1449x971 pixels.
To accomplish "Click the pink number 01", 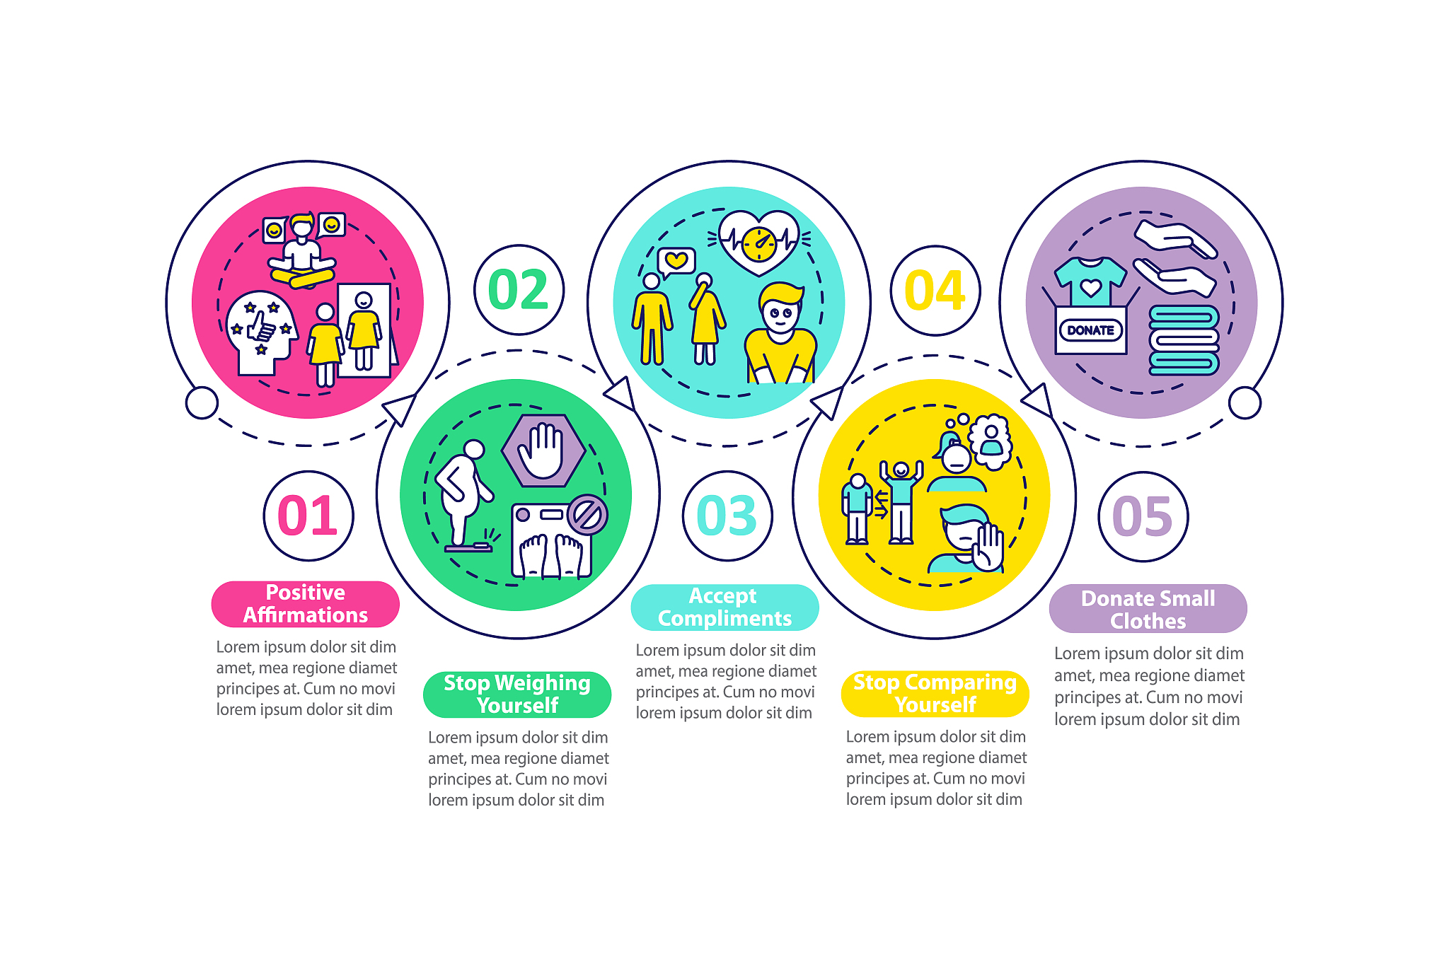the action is click(308, 516).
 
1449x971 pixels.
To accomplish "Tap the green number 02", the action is click(519, 290).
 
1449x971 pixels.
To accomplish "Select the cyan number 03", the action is click(727, 516).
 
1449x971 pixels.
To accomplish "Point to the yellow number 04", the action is click(935, 291).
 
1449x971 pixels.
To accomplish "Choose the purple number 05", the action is click(1143, 516).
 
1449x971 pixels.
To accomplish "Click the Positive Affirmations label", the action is click(306, 604).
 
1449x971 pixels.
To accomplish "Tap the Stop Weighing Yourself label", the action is click(517, 694).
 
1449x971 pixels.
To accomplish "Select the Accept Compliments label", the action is click(724, 607).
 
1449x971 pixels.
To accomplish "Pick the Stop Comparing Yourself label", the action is click(935, 694).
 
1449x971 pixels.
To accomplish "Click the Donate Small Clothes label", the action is click(1148, 609).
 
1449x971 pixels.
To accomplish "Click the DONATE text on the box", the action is click(1090, 330).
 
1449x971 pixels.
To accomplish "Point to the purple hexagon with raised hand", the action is click(543, 450).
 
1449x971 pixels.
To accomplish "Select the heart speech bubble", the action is click(676, 262).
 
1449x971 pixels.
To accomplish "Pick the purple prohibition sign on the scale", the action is click(588, 514).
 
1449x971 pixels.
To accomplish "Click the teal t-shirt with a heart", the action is click(1090, 281).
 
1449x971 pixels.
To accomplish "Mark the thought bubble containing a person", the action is click(991, 441).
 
